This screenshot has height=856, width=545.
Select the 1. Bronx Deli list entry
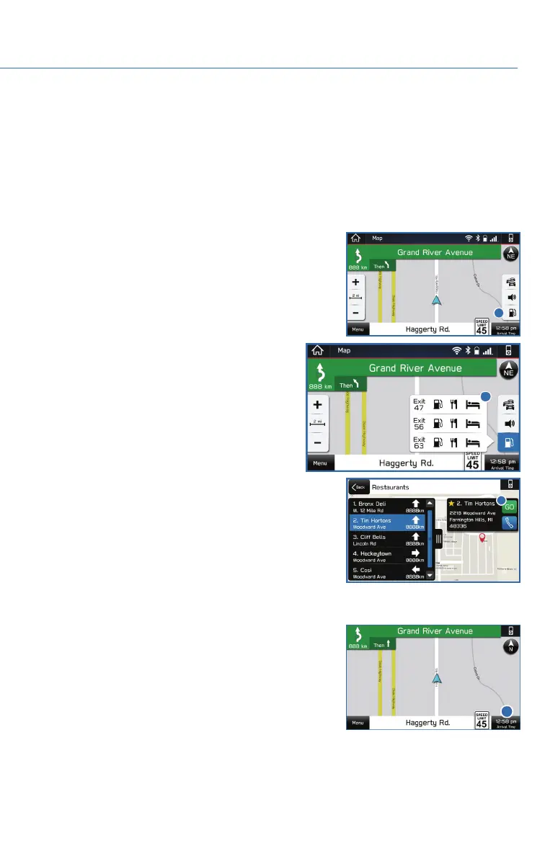[x=386, y=505]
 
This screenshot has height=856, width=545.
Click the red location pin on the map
[x=482, y=538]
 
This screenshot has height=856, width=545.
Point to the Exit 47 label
[x=419, y=405]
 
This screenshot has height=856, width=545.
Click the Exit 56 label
[x=419, y=424]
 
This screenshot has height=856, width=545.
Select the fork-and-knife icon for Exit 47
[x=453, y=405]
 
